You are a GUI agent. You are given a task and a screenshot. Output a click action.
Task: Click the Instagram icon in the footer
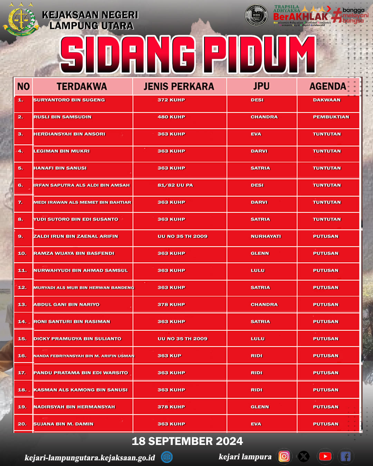click(x=284, y=456)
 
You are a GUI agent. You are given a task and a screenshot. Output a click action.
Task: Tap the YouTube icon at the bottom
click(x=325, y=456)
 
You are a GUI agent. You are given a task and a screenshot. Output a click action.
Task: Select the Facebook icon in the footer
click(x=346, y=456)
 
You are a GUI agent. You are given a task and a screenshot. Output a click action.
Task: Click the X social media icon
click(x=304, y=456)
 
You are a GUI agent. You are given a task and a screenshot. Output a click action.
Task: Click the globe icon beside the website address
click(x=167, y=457)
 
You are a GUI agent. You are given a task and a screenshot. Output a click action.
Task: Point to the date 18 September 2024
click(x=187, y=441)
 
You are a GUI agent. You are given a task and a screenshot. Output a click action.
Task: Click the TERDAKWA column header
click(x=82, y=86)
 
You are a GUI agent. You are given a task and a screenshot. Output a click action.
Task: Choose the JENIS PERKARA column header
click(x=179, y=86)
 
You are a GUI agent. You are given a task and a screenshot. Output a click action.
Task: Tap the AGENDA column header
click(x=327, y=86)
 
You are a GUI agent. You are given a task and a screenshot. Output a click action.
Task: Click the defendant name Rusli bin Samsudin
click(x=63, y=117)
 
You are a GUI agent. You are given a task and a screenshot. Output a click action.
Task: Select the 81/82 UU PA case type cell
click(x=175, y=185)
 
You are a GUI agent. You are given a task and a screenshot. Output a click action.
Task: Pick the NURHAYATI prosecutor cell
click(x=266, y=236)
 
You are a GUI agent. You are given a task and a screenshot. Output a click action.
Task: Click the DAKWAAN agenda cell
click(x=327, y=100)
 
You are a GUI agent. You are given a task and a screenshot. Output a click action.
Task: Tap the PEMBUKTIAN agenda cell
click(x=331, y=117)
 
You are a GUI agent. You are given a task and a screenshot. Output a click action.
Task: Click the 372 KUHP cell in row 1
click(x=171, y=100)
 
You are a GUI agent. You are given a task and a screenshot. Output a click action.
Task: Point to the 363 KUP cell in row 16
click(x=169, y=356)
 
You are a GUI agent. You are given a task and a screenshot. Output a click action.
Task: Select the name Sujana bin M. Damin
click(x=63, y=424)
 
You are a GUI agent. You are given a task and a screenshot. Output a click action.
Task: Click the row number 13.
click(x=22, y=304)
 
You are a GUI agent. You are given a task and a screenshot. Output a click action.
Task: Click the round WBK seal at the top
click(x=256, y=16)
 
